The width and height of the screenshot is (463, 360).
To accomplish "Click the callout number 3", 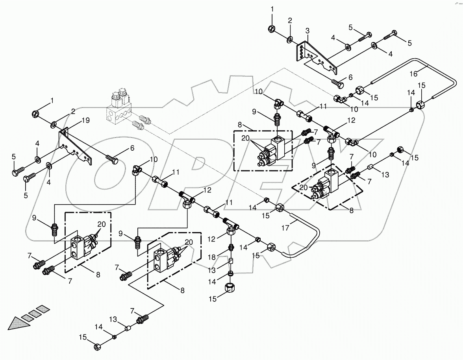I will pyautogui.click(x=307, y=31).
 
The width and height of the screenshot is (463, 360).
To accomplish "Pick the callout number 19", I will pyautogui.click(x=85, y=120).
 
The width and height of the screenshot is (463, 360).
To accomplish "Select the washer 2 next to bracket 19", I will pyautogui.click(x=53, y=126).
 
